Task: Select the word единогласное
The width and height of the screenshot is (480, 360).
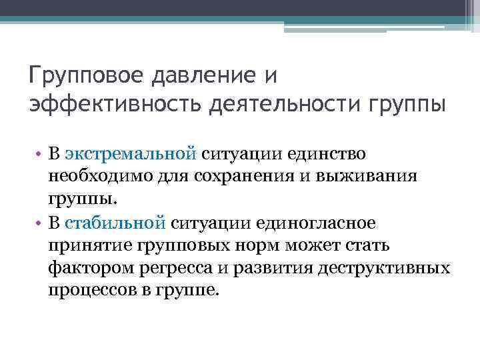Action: click(319, 221)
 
